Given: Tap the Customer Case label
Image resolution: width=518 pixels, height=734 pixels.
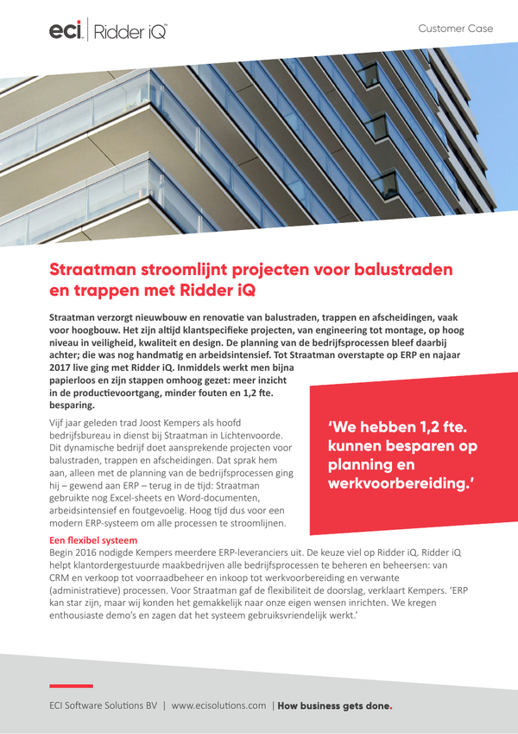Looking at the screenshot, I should click(x=455, y=29).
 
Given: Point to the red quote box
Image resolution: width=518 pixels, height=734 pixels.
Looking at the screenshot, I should click(x=405, y=458).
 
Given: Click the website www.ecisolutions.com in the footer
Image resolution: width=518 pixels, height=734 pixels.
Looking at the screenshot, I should click(x=218, y=705).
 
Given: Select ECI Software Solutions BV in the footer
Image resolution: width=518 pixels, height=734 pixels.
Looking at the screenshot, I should click(x=103, y=705).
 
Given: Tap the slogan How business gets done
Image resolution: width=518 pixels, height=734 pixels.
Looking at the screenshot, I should click(x=334, y=705).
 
